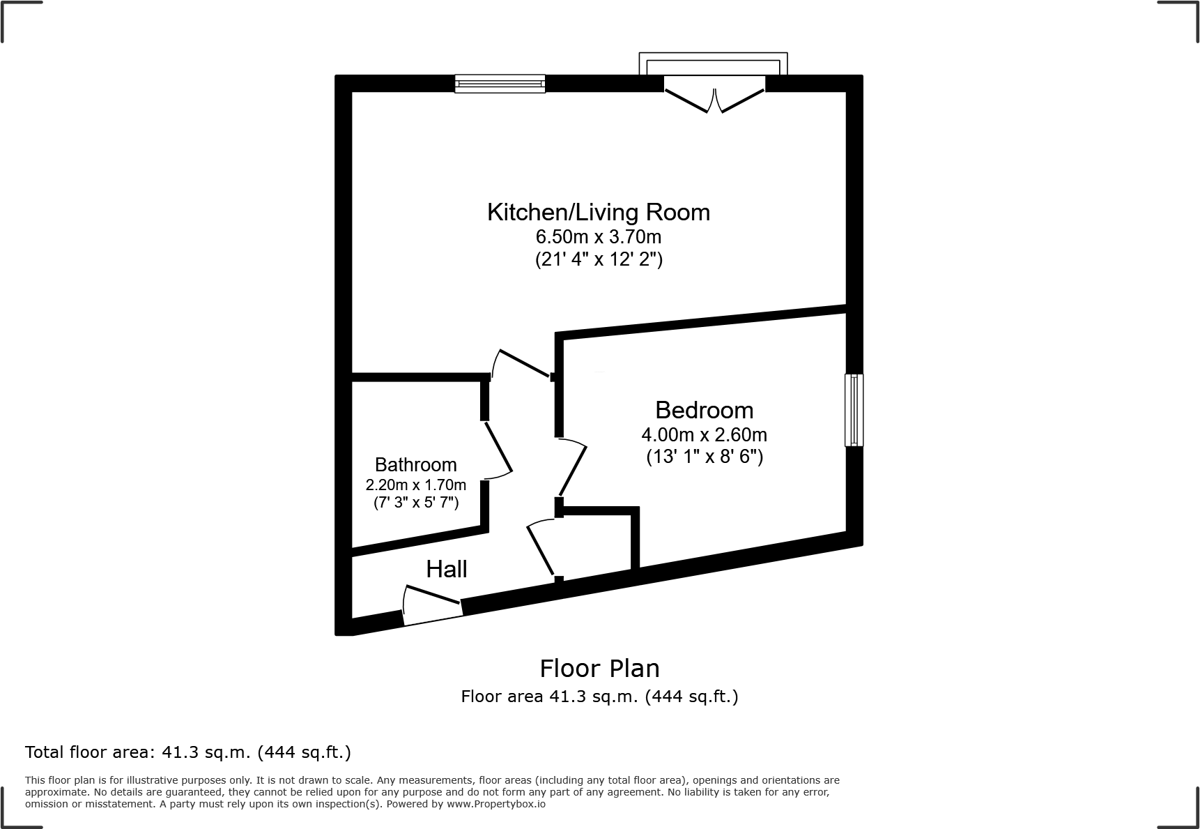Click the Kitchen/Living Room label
pyautogui.click(x=598, y=212)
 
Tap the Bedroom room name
pyautogui.click(x=704, y=410)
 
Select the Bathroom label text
pyautogui.click(x=415, y=464)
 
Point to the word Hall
pyautogui.click(x=446, y=570)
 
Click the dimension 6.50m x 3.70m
pyautogui.click(x=598, y=237)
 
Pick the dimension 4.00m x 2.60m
pyautogui.click(x=704, y=435)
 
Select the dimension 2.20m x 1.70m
pyautogui.click(x=415, y=485)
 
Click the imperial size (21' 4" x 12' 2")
pyautogui.click(x=598, y=260)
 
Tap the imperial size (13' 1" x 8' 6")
pyautogui.click(x=704, y=457)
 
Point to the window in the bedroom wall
pyautogui.click(x=854, y=410)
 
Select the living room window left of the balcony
pyautogui.click(x=500, y=84)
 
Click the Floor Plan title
pyautogui.click(x=599, y=669)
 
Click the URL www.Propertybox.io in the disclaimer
pyautogui.click(x=495, y=804)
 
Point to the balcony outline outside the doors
pyautogui.click(x=713, y=61)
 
